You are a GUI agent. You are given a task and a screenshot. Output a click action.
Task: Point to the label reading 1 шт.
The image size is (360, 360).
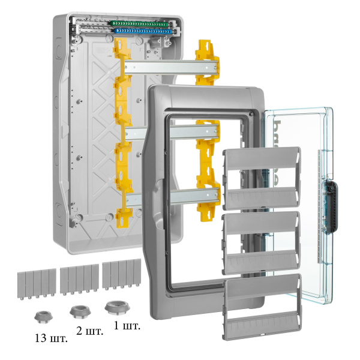click(127, 326)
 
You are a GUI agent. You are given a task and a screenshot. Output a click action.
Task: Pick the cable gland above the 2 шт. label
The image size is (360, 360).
click(79, 311)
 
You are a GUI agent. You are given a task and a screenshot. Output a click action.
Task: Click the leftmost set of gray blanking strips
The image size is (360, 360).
click(35, 282)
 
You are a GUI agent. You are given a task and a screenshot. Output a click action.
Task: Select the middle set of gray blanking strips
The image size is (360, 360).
click(79, 278)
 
